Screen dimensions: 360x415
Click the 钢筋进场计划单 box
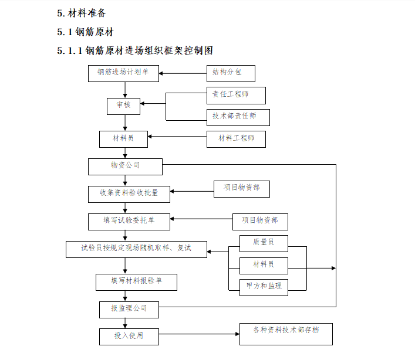[x=123, y=73]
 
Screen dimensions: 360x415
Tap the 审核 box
[x=123, y=106]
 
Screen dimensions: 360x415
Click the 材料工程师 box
[x=236, y=139]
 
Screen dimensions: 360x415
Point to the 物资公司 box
[x=125, y=167]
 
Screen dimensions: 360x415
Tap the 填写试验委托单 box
[x=129, y=221]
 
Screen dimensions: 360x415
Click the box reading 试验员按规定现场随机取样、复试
[x=136, y=249]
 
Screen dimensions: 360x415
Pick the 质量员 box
[x=264, y=242]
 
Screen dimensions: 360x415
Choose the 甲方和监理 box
[x=264, y=286]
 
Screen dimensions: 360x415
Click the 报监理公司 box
[x=129, y=308]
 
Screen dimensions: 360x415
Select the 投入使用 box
[x=128, y=337]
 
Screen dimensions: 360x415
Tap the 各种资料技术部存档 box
[x=286, y=333]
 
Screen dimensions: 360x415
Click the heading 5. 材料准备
[x=82, y=13]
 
